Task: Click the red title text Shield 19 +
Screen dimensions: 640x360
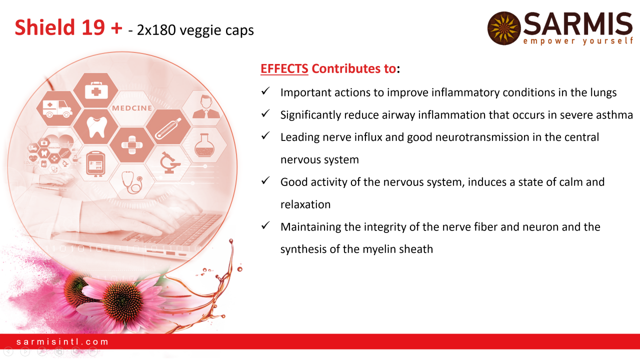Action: (x=68, y=27)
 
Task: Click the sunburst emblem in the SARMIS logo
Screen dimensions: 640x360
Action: (x=504, y=28)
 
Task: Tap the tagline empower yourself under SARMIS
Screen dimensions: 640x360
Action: (x=578, y=41)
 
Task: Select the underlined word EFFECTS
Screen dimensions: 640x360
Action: (x=284, y=68)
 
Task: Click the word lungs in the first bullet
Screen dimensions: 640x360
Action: (x=603, y=93)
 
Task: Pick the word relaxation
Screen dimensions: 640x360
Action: (x=305, y=204)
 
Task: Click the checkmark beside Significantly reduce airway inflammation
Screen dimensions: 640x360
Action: (x=265, y=113)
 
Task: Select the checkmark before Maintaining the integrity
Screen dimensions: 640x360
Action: (x=265, y=225)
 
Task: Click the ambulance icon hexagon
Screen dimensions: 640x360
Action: (x=58, y=108)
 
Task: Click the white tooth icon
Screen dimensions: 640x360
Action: (x=96, y=127)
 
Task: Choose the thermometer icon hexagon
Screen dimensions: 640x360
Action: (x=168, y=126)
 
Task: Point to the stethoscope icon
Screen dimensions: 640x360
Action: (x=131, y=182)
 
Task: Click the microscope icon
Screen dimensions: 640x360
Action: (x=169, y=162)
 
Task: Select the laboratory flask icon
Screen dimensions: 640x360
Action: (x=204, y=145)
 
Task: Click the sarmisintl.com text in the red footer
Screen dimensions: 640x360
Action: (x=62, y=341)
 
